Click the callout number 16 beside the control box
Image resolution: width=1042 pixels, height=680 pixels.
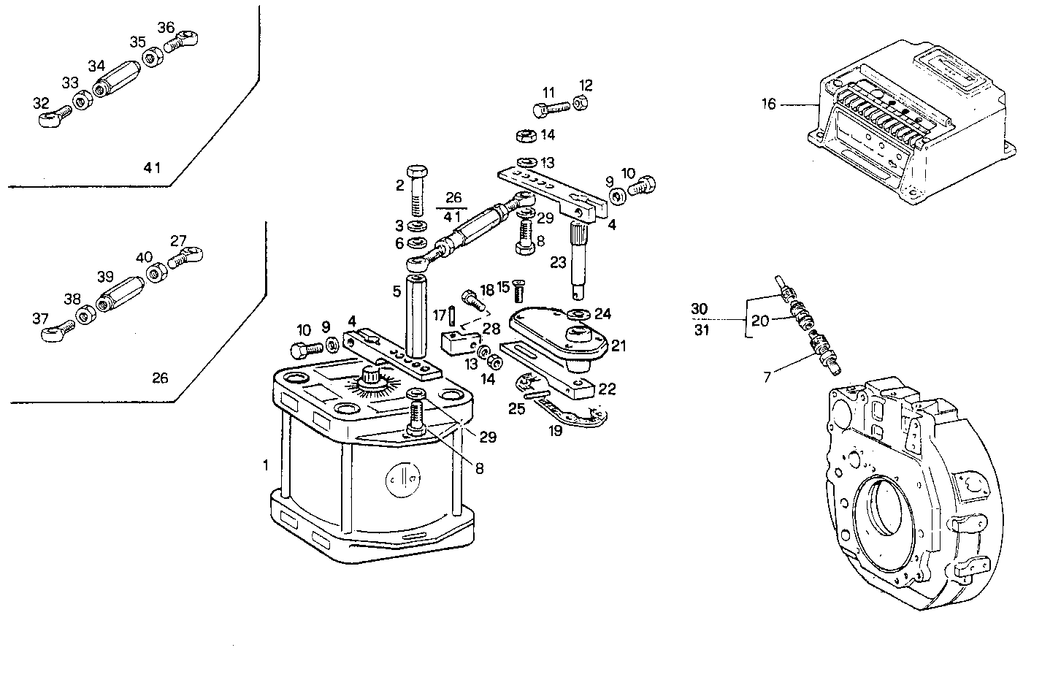[x=769, y=104]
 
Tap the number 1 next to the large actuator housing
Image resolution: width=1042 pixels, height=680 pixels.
[x=266, y=465]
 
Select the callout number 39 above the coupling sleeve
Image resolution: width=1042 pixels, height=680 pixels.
[x=106, y=276]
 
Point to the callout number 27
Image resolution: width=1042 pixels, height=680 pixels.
[x=179, y=240]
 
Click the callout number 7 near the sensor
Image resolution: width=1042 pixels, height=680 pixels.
[x=767, y=377]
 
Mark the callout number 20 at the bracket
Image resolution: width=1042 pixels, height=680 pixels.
[x=760, y=321]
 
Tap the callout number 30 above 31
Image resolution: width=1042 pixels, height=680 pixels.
[x=700, y=309]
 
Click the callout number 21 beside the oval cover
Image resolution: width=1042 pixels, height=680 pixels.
[x=619, y=345]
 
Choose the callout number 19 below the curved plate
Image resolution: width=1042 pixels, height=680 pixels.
[x=556, y=431]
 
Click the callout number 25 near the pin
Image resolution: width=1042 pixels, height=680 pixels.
[x=516, y=408]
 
